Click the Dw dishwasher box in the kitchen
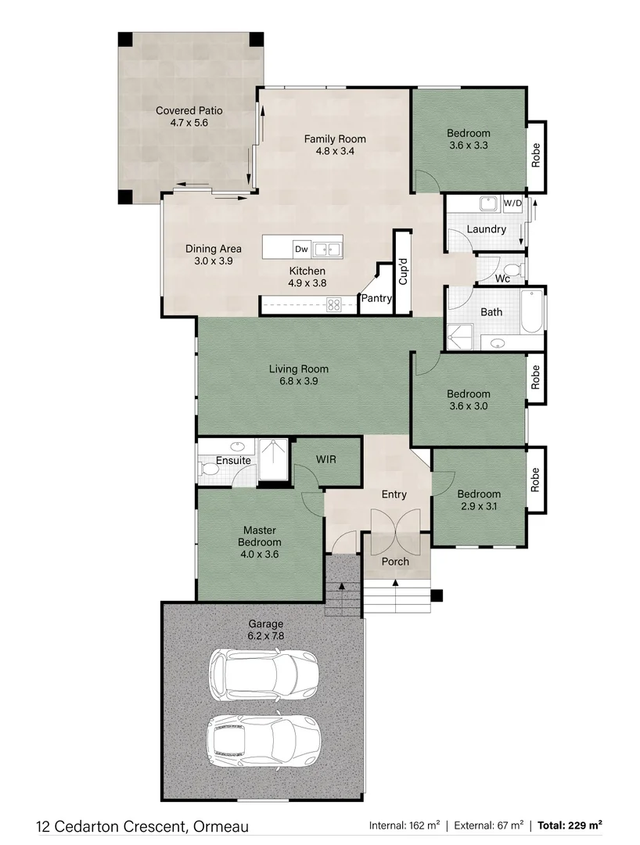(x=301, y=249)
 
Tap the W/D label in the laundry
(x=512, y=203)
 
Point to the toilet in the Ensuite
(x=210, y=469)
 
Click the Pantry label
(x=376, y=298)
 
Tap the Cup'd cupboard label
(x=403, y=271)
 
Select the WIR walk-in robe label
(x=326, y=459)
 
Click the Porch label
(x=395, y=562)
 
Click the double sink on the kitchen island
(x=327, y=250)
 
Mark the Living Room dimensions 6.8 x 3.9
(x=299, y=382)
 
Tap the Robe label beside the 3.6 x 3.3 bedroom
(x=536, y=156)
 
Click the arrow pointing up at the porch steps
(x=394, y=582)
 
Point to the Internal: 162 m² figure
(x=404, y=825)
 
